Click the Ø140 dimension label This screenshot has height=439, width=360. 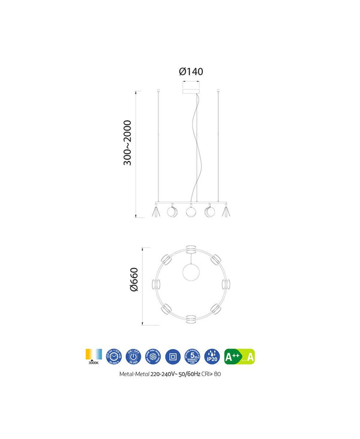(191, 71)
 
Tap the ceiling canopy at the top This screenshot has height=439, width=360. (192, 88)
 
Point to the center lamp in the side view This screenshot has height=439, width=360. (191, 211)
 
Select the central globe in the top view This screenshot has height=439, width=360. (191, 270)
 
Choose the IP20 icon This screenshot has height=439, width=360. (211, 356)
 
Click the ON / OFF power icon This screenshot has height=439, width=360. (133, 356)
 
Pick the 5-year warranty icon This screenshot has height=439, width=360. (192, 356)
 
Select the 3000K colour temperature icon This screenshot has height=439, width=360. (94, 356)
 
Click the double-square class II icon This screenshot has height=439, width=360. (172, 356)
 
